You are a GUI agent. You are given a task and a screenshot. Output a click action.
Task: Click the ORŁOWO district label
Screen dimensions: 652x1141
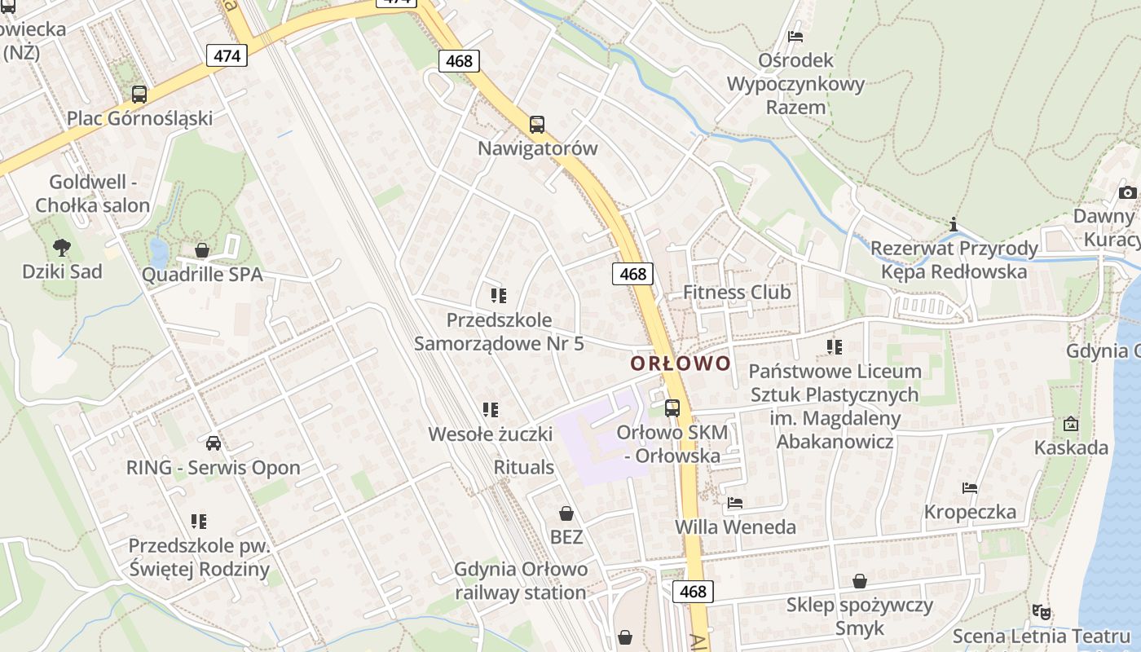681,363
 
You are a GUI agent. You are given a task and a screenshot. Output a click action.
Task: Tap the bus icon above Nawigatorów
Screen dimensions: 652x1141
536,125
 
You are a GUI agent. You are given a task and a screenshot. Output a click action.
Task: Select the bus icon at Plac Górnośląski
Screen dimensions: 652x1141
139,95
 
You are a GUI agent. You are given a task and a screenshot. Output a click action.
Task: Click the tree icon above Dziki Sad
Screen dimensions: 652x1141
61,248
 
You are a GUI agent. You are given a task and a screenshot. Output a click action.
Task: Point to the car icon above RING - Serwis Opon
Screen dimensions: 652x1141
214,443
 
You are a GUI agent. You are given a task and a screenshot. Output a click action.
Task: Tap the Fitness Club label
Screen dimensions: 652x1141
737,292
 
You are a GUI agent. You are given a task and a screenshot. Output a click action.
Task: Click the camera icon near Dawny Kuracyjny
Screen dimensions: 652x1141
1128,192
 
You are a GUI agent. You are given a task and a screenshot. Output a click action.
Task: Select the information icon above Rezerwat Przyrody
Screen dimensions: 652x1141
952,224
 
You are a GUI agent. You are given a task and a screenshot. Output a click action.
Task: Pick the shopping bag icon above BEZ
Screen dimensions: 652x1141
566,513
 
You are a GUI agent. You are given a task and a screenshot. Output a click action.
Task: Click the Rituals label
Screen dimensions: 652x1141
524,467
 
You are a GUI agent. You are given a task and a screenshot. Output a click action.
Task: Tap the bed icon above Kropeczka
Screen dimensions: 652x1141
970,488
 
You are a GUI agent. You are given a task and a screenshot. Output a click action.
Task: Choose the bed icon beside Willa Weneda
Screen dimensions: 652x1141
735,503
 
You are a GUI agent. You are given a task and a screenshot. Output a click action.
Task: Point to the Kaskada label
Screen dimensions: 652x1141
1071,447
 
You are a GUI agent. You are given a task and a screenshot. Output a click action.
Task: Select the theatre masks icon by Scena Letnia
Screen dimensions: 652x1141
1041,611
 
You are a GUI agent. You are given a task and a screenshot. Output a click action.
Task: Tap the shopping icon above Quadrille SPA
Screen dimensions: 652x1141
202,250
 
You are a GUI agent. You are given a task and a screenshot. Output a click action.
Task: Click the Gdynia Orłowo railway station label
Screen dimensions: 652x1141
521,580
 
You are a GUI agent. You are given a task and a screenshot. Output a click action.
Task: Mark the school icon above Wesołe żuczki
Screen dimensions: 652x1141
491,409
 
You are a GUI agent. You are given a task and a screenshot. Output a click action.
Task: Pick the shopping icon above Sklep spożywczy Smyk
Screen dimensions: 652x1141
859,581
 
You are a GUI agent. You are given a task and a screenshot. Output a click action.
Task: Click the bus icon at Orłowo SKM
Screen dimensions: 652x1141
672,408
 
